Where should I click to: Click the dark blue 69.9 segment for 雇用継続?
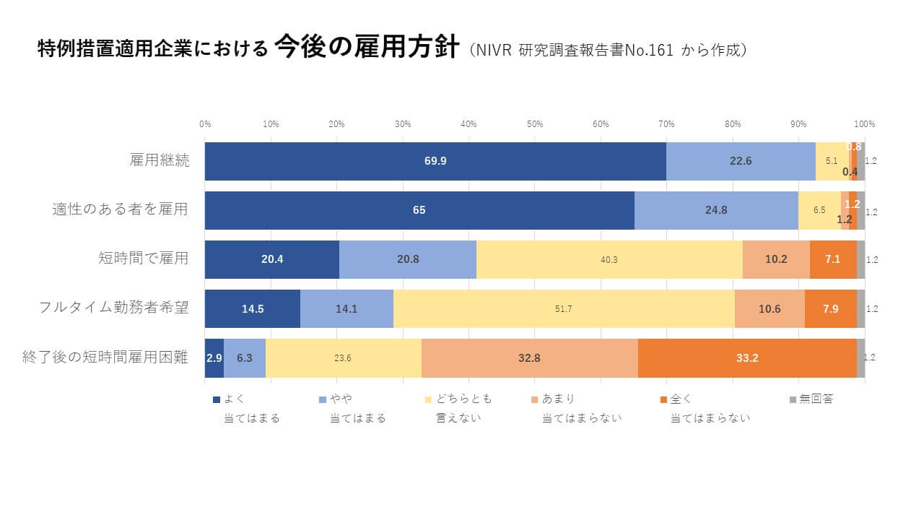435,161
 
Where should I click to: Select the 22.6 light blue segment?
741,161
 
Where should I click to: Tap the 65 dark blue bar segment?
419,210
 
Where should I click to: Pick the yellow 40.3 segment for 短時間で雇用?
610,259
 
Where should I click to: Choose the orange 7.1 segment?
833,259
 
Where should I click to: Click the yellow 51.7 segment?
564,308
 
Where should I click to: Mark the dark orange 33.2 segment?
747,358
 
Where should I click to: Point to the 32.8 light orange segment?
530,358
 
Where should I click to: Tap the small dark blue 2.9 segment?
214,358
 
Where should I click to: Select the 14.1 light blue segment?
347,308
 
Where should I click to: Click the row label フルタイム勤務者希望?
114,308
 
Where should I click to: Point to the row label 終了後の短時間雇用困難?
105,357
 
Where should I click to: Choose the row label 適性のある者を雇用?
120,209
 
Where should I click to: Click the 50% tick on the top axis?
535,124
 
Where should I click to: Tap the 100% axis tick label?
865,124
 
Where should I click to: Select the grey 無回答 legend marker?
793,400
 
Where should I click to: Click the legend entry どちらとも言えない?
458,409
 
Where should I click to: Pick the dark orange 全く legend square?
663,400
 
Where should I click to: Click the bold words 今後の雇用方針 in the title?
367,47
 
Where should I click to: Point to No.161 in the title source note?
649,51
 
